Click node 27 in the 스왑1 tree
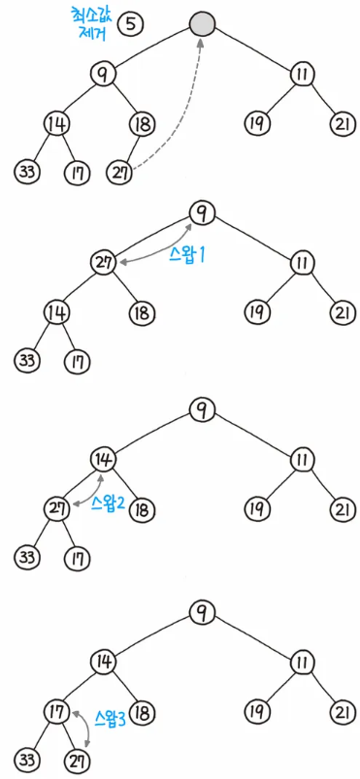pos(104,262)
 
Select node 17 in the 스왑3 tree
pos(54,713)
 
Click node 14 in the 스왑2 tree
pos(104,458)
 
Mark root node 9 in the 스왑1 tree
pos(201,212)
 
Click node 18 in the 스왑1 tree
pos(142,312)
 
